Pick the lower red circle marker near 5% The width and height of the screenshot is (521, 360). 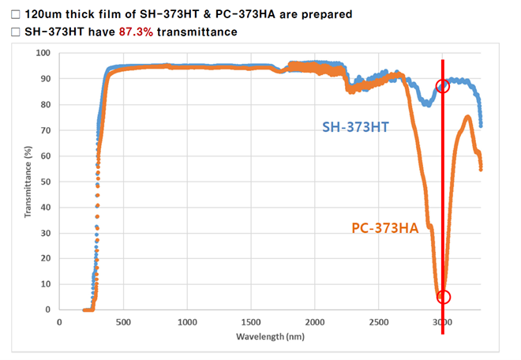443,297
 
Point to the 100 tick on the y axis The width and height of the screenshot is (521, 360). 43,53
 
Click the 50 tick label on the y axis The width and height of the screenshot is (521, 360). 46,182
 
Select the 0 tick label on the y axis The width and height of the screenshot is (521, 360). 49,309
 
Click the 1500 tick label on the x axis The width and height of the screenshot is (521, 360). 251,322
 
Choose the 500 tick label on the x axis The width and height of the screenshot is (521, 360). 123,322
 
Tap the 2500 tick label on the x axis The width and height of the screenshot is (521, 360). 378,322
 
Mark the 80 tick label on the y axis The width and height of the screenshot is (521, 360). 46,104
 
